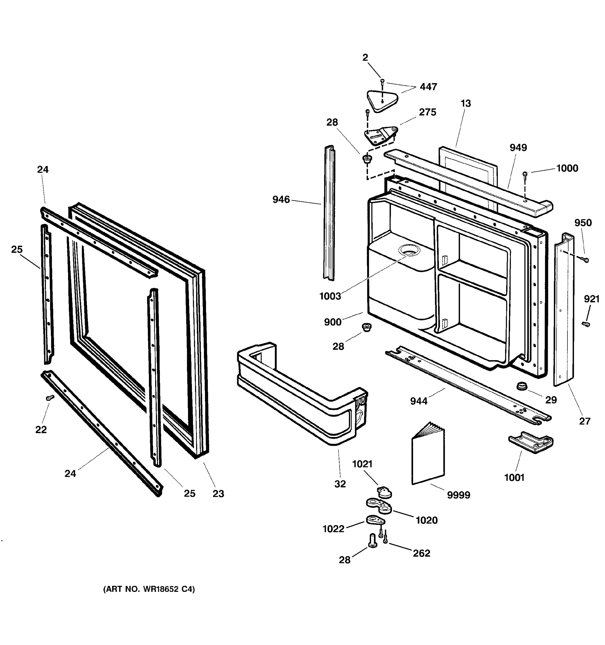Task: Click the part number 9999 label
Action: point(458,495)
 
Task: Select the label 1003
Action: point(330,296)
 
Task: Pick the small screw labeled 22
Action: point(50,397)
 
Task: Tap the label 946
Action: point(281,199)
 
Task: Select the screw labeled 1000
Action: point(525,175)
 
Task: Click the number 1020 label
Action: point(426,520)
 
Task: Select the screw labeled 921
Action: point(586,324)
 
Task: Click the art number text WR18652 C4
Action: point(149,589)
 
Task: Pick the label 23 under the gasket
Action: point(218,493)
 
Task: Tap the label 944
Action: point(419,401)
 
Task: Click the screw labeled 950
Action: point(585,260)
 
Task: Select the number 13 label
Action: point(465,103)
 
